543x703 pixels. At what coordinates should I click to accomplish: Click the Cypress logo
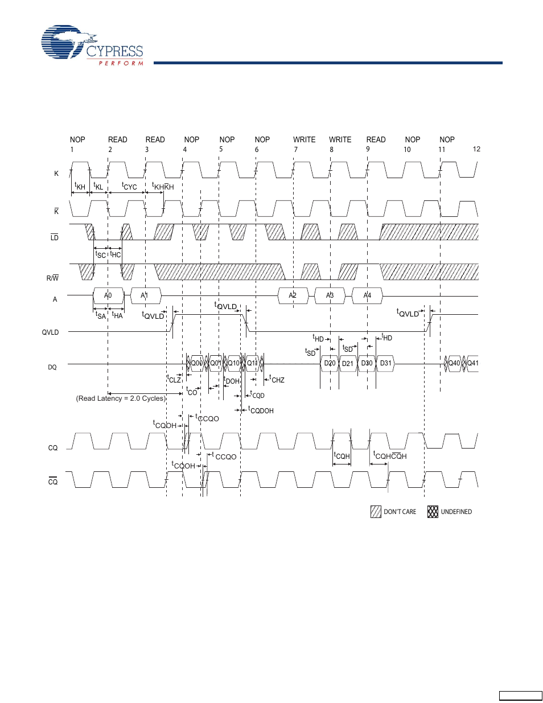click(x=92, y=45)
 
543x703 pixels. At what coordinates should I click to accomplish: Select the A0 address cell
click(x=108, y=295)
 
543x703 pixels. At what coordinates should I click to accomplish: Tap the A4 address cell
click(x=367, y=295)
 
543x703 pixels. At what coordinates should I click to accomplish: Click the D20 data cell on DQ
click(x=330, y=363)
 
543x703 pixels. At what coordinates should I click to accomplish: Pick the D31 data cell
click(x=385, y=363)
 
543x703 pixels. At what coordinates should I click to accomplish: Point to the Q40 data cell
click(x=454, y=363)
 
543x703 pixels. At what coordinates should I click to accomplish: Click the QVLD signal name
click(x=50, y=332)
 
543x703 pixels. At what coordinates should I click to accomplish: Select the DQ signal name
click(x=52, y=367)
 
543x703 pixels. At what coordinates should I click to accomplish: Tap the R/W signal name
click(x=52, y=278)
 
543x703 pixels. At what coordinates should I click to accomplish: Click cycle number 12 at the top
click(x=476, y=149)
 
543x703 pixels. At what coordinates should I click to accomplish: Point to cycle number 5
click(x=221, y=149)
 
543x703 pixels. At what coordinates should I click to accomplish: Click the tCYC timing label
click(x=129, y=186)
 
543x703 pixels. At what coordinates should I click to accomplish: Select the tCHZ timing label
click(x=277, y=380)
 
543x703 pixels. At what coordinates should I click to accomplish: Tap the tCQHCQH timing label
click(x=390, y=455)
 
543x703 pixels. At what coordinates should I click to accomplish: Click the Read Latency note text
click(x=121, y=398)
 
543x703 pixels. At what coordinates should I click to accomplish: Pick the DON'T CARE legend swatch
click(x=376, y=512)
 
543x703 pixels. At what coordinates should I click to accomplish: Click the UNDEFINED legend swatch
click(x=433, y=512)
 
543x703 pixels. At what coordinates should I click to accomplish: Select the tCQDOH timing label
click(x=261, y=410)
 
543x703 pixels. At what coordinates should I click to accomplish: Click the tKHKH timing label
click(x=163, y=186)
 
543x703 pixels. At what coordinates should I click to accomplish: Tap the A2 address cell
click(x=293, y=295)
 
